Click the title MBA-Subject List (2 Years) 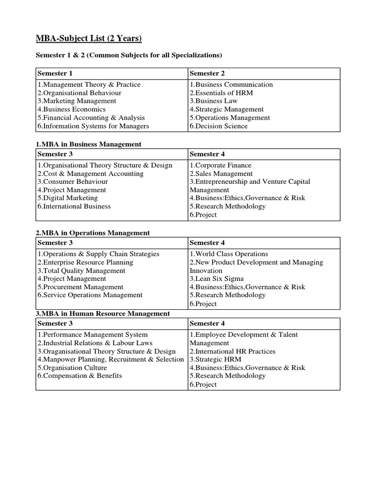(89, 38)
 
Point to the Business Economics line (71, 109)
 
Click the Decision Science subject (219, 126)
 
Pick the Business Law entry (213, 101)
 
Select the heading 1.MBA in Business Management (89, 144)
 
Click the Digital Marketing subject (68, 198)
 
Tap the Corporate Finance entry (220, 165)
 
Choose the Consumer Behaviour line (73, 181)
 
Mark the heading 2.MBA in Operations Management (93, 233)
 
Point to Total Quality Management (81, 271)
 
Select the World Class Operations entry (229, 254)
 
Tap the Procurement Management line (81, 287)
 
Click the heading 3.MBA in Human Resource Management (103, 313)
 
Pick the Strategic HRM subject (213, 359)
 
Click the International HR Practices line (233, 351)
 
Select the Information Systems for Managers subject (93, 126)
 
